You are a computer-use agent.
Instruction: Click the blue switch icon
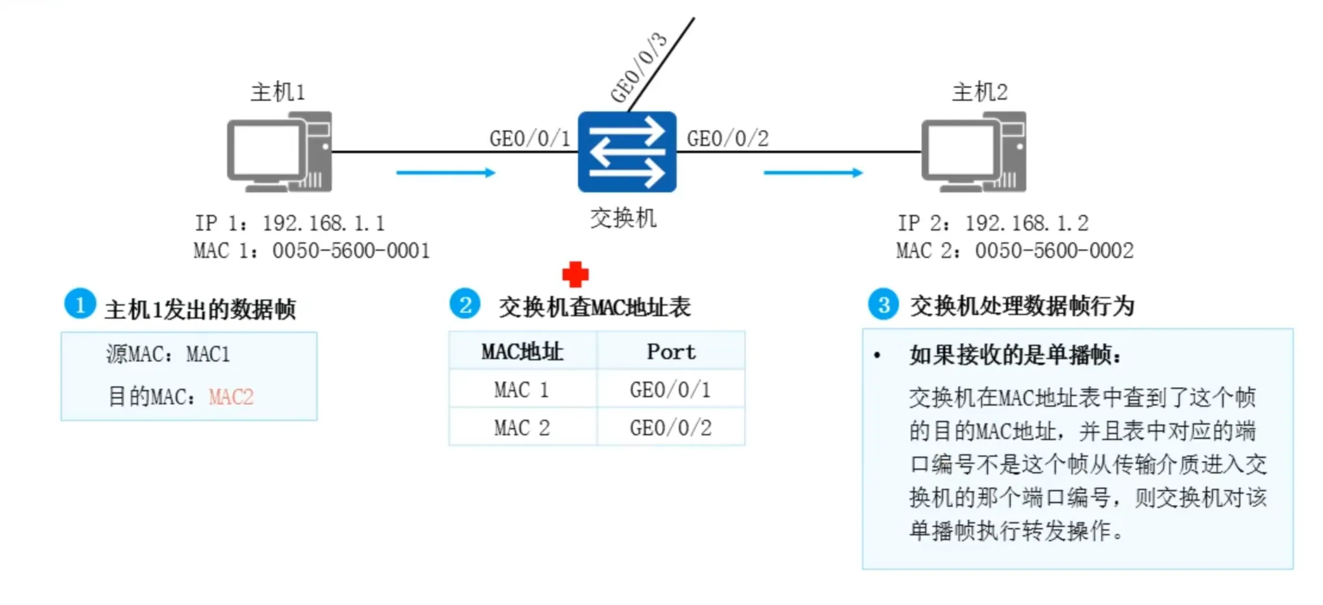pyautogui.click(x=627, y=152)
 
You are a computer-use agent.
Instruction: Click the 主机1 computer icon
pyautogui.click(x=279, y=152)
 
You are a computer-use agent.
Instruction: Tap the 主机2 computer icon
pyautogui.click(x=974, y=152)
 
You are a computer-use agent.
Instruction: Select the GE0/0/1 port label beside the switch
pyautogui.click(x=530, y=139)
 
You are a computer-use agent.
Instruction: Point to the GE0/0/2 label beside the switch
pyautogui.click(x=728, y=139)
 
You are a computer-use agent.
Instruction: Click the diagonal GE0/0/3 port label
pyautogui.click(x=640, y=67)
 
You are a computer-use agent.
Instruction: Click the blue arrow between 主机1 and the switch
pyautogui.click(x=446, y=173)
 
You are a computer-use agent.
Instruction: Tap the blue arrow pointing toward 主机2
pyautogui.click(x=813, y=173)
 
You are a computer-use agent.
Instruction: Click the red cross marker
pyautogui.click(x=575, y=274)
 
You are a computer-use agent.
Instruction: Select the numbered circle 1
pyautogui.click(x=80, y=304)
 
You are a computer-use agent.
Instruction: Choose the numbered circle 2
pyautogui.click(x=465, y=304)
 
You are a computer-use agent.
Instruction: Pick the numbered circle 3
pyautogui.click(x=884, y=305)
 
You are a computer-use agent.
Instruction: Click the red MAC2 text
pyautogui.click(x=231, y=397)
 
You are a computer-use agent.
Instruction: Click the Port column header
pyautogui.click(x=671, y=352)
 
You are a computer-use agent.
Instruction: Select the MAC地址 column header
pyautogui.click(x=522, y=352)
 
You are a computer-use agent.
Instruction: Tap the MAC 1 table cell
pyautogui.click(x=521, y=390)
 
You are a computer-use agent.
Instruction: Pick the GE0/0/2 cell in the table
pyautogui.click(x=671, y=428)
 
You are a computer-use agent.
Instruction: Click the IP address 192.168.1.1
pyautogui.click(x=324, y=224)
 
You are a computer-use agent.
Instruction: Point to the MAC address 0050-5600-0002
pyautogui.click(x=1054, y=251)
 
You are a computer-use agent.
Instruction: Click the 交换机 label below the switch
pyautogui.click(x=623, y=218)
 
